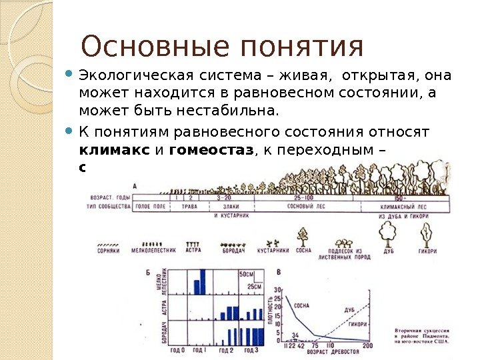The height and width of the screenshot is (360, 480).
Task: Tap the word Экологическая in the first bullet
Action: click(x=131, y=75)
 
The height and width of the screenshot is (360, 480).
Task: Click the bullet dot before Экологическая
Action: click(x=71, y=73)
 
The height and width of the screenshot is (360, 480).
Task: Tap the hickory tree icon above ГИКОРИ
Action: click(x=427, y=233)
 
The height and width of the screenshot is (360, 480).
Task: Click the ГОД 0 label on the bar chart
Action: click(x=177, y=350)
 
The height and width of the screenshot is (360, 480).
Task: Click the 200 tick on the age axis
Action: click(x=367, y=345)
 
